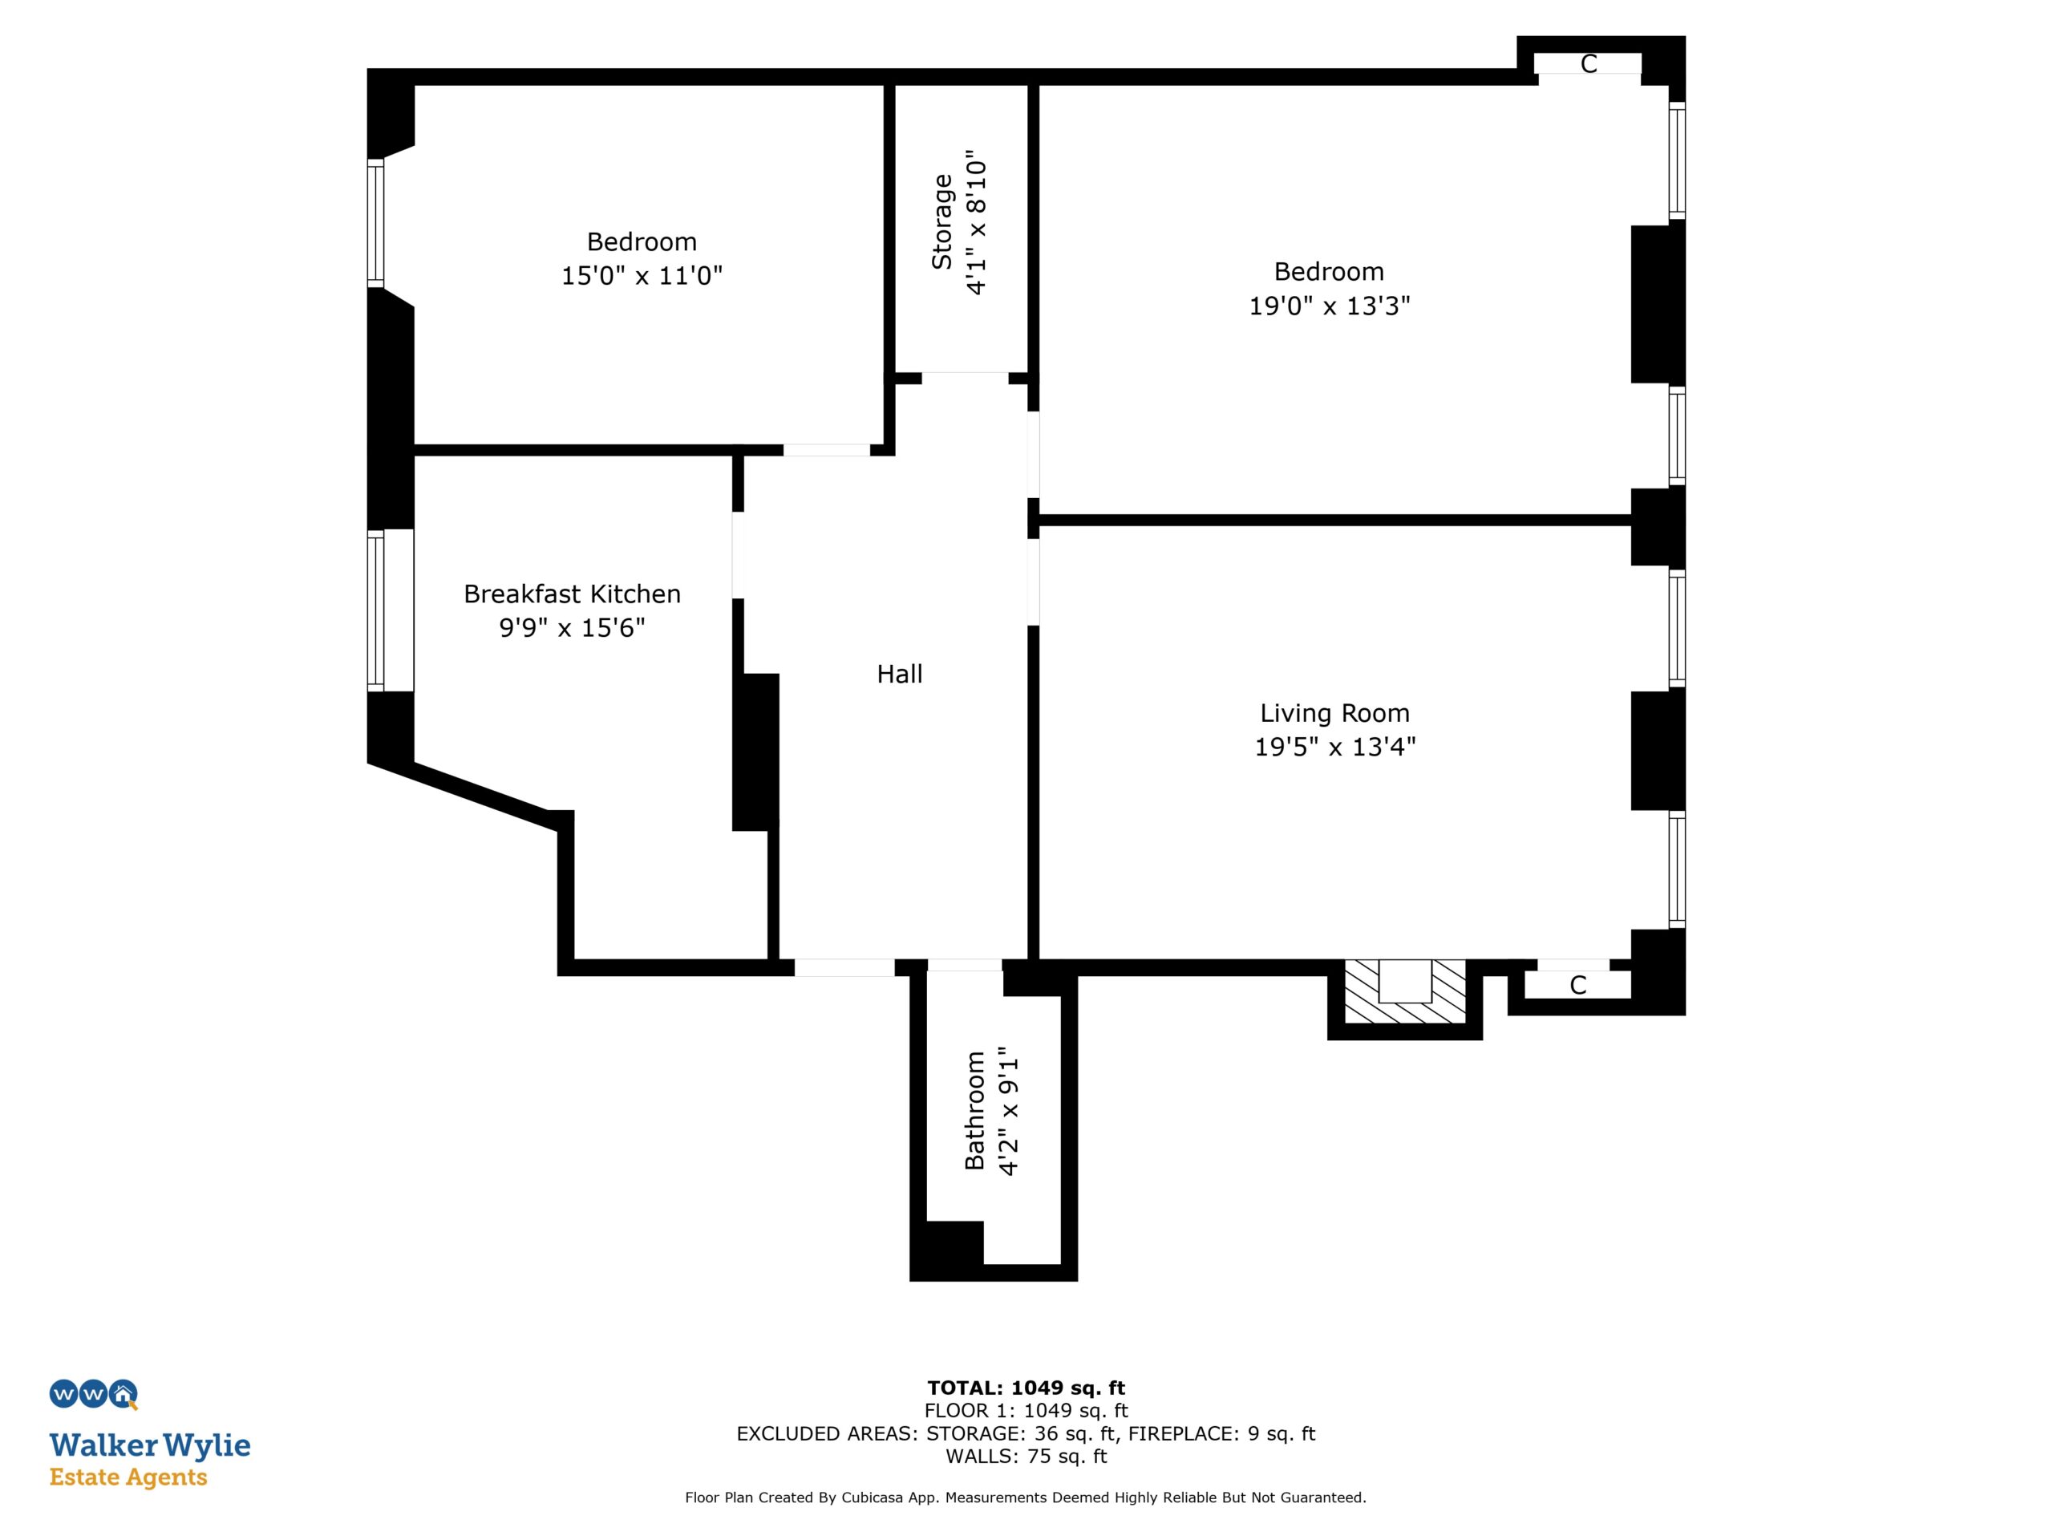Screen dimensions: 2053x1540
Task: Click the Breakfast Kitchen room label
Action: (572, 594)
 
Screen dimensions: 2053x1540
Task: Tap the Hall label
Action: (899, 674)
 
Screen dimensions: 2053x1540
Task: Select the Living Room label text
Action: (1334, 714)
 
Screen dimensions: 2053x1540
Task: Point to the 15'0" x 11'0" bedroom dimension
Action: (642, 276)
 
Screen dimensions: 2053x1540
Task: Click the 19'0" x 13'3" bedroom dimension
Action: (1329, 306)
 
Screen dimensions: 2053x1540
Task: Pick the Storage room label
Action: (942, 222)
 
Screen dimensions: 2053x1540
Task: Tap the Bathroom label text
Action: (974, 1110)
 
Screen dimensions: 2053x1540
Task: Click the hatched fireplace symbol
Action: (1404, 991)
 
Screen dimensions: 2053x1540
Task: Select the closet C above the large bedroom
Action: (1588, 64)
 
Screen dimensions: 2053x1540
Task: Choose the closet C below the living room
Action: (1577, 985)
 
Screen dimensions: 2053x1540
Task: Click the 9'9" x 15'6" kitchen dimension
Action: (572, 629)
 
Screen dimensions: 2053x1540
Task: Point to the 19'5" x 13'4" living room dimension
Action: (1334, 748)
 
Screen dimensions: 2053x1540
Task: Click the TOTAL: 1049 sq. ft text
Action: (1026, 1388)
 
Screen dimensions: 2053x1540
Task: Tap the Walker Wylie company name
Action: (150, 1445)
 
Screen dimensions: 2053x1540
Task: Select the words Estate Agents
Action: (128, 1477)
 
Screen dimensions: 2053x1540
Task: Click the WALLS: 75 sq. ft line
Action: (1026, 1457)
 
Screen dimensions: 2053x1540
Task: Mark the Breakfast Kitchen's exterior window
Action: (376, 611)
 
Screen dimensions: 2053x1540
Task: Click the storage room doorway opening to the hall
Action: (964, 378)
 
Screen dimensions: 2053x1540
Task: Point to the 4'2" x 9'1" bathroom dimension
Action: (1009, 1110)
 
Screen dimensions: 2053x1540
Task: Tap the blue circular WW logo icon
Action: (93, 1394)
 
